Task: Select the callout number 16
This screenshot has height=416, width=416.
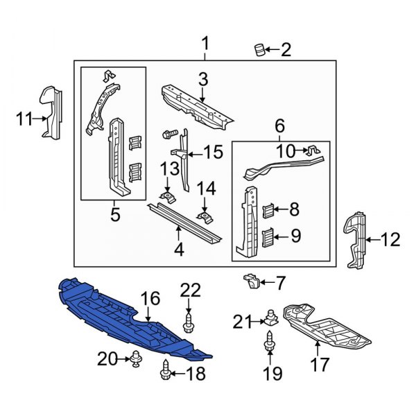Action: point(150,300)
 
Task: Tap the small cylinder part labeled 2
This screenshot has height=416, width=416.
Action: point(259,50)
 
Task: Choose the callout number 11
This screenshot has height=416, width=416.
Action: point(24,119)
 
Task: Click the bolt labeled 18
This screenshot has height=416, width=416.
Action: point(165,374)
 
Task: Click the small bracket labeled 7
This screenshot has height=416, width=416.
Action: point(251,281)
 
